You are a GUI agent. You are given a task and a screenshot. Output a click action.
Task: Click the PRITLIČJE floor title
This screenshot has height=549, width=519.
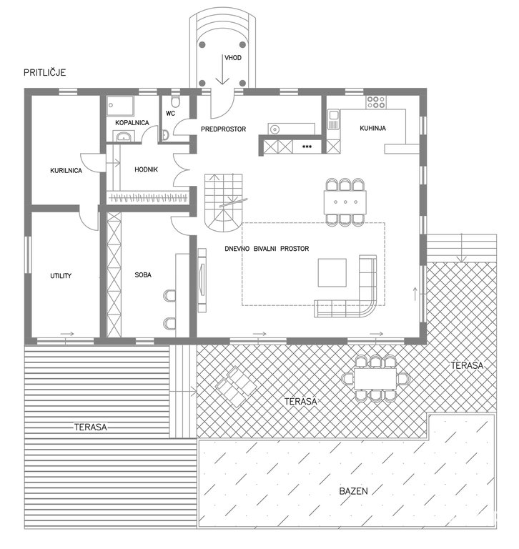(45, 72)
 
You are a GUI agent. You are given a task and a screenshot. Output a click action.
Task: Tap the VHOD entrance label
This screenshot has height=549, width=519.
(233, 58)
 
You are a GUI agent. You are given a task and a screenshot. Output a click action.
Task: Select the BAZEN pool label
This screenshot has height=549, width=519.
(353, 491)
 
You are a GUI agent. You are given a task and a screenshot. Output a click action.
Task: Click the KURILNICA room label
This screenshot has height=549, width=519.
(66, 171)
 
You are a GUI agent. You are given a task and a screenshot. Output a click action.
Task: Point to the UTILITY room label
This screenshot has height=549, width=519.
(61, 275)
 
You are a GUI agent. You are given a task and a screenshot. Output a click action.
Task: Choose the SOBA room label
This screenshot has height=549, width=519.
(143, 274)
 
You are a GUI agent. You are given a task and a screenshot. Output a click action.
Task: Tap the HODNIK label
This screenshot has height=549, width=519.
(146, 169)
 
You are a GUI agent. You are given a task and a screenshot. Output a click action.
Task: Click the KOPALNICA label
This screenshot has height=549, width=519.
(132, 122)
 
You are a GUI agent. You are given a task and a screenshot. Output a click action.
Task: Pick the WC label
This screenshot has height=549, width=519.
(170, 114)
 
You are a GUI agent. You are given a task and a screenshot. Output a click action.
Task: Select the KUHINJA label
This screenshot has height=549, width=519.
(372, 128)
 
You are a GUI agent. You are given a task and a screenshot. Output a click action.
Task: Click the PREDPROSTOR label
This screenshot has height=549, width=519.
(224, 129)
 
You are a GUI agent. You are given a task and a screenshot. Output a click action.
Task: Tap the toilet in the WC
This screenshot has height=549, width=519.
(175, 101)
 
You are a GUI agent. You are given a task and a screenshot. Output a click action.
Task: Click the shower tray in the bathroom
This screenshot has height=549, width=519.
(120, 106)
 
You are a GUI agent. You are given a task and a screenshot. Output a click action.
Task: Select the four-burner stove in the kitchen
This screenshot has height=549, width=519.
(376, 102)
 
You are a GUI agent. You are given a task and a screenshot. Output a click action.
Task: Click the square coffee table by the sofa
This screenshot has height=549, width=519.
(332, 273)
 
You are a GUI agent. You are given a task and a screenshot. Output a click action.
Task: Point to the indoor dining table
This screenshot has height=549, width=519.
(345, 202)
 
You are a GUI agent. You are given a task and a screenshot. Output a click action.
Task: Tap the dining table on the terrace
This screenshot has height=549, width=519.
(375, 378)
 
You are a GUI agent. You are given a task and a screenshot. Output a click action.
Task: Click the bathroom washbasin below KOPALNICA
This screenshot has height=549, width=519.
(123, 137)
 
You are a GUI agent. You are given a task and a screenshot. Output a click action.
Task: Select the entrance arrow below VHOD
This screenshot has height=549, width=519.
(222, 69)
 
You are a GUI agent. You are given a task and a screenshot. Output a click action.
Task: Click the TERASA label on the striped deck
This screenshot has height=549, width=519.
(90, 427)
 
